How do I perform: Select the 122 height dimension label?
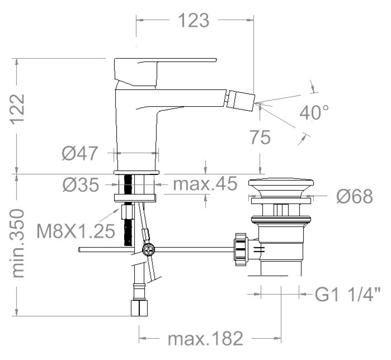pos(17,108)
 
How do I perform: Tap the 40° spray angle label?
pos(314,112)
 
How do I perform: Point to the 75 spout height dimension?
pos(260,138)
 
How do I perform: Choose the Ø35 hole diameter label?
pos(81,185)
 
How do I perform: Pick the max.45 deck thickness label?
pos(205,184)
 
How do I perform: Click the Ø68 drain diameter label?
pos(355,196)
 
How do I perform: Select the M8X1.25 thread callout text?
pos(76,231)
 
